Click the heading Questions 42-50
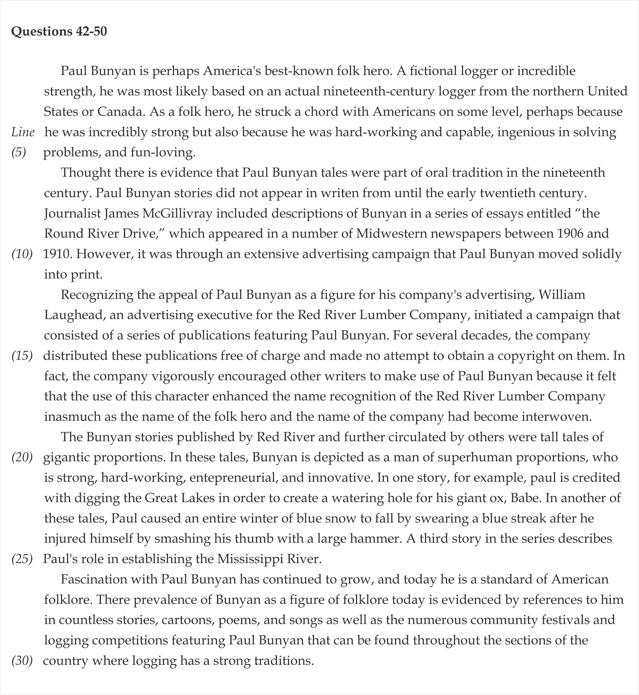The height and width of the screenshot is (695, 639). pyautogui.click(x=59, y=32)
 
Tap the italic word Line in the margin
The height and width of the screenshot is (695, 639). pyautogui.click(x=23, y=132)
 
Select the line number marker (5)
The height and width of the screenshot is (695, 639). pyautogui.click(x=19, y=152)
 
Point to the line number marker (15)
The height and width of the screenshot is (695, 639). pyautogui.click(x=22, y=356)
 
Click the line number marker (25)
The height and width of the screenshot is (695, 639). pyautogui.click(x=22, y=559)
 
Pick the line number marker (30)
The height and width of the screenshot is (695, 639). pyautogui.click(x=22, y=661)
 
